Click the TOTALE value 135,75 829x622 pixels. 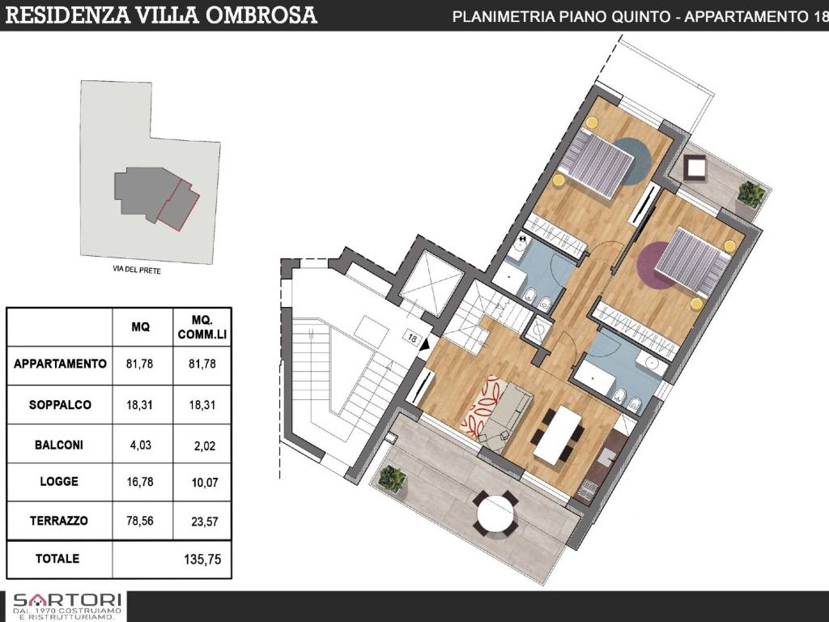click(x=203, y=559)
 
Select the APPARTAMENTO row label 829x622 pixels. click(x=60, y=364)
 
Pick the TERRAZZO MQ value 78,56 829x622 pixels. click(x=141, y=521)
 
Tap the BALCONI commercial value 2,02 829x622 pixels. click(x=203, y=445)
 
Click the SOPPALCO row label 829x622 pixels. click(x=60, y=404)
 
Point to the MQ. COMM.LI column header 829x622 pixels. click(x=203, y=327)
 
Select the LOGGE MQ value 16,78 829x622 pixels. click(x=141, y=481)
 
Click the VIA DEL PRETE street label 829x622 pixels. click(x=138, y=271)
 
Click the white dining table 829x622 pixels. click(x=559, y=434)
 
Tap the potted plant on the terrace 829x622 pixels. click(x=393, y=479)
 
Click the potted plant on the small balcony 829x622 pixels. click(x=751, y=194)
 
